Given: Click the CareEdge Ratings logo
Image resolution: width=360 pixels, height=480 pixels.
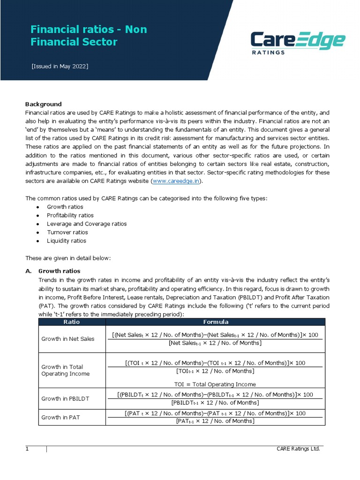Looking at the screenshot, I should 298,43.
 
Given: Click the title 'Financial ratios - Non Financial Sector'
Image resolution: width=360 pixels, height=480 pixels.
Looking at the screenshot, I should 89,36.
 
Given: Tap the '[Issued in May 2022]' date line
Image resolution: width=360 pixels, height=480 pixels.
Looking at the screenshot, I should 60,66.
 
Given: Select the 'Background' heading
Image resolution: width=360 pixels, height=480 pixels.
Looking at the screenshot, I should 43,104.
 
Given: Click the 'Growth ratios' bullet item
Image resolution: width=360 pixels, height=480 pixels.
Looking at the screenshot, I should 65,207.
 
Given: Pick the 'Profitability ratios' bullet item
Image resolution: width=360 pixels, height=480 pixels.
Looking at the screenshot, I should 70,215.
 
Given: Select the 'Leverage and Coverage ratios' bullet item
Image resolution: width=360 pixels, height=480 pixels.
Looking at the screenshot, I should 87,224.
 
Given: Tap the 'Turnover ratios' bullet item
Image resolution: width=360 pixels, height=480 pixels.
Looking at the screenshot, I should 67,232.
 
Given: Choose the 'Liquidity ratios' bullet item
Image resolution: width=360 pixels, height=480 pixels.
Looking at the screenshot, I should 67,240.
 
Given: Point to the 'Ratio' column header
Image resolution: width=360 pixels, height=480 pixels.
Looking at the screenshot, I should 72,322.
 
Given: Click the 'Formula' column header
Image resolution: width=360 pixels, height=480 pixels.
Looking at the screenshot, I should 215,322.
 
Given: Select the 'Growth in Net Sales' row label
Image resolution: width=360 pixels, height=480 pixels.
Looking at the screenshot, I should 67,339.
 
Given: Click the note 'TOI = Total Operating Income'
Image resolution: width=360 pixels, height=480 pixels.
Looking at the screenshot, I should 215,384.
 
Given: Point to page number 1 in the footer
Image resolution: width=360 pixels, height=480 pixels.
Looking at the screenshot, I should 27,449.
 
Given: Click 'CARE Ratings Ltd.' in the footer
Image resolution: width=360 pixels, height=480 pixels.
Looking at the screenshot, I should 298,449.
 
